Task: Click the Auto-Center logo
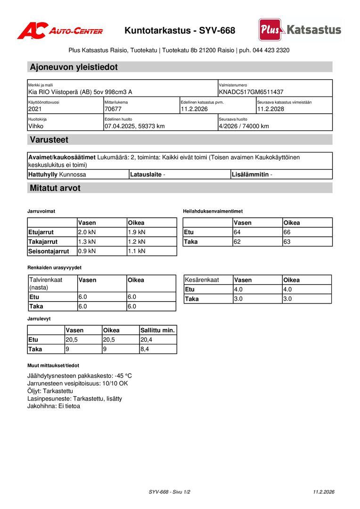pyautogui.click(x=60, y=31)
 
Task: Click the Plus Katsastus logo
pyautogui.click(x=300, y=30)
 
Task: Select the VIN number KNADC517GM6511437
pyautogui.click(x=251, y=92)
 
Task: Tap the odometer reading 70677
pyautogui.click(x=113, y=109)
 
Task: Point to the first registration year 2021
pyautogui.click(x=35, y=109)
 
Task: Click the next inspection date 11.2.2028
pyautogui.click(x=270, y=109)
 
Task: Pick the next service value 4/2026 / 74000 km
pyautogui.click(x=244, y=126)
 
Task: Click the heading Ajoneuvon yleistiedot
pyautogui.click(x=74, y=67)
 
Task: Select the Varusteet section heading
pyautogui.click(x=49, y=140)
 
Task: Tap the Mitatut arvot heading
pyautogui.click(x=55, y=188)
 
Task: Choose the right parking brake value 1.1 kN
pyautogui.click(x=137, y=251)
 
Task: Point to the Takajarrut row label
pyautogui.click(x=43, y=242)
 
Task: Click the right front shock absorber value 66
pyautogui.click(x=287, y=232)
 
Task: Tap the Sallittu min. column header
pyautogui.click(x=157, y=330)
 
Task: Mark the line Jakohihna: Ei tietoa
pyautogui.click(x=54, y=406)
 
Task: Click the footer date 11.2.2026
pyautogui.click(x=324, y=492)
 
